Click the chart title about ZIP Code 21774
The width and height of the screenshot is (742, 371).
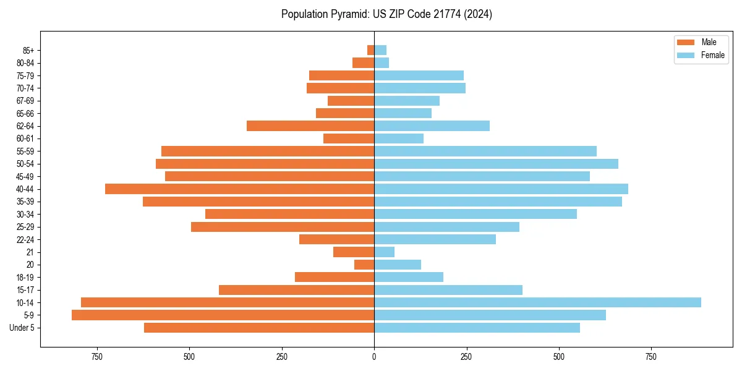[x=386, y=14]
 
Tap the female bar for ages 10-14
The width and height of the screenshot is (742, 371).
[x=537, y=302]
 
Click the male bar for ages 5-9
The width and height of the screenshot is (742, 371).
[x=223, y=315]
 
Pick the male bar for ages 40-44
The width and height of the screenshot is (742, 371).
[x=239, y=189]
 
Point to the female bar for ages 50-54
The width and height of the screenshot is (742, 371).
[x=496, y=164]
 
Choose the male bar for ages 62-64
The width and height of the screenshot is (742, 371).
[x=310, y=126]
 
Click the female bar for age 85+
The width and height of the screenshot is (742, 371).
[x=380, y=50]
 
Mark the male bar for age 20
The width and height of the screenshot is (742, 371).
[x=364, y=265]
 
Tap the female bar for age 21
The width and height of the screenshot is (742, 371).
[x=384, y=252]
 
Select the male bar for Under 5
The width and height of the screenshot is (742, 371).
[x=259, y=328]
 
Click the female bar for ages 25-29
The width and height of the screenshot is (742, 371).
[x=446, y=227]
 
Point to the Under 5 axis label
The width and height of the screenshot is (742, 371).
[x=22, y=328]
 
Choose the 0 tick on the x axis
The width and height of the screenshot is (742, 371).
[x=374, y=357]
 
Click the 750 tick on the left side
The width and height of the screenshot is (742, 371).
[x=96, y=357]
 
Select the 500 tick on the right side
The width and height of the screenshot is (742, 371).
[x=559, y=357]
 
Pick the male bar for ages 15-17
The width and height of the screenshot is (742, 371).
[x=296, y=290]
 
